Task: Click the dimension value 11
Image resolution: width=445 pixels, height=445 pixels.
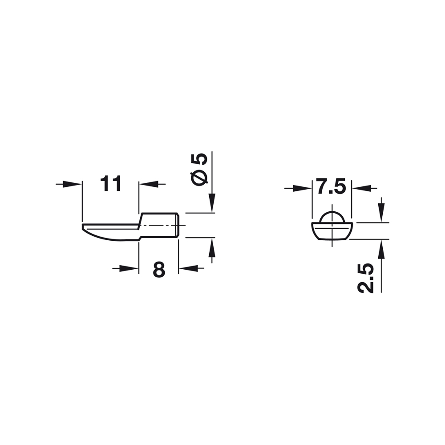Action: coord(111,183)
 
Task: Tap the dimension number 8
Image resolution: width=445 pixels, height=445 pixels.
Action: coord(159,269)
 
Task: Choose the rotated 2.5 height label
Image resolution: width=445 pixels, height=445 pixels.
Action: coord(366,278)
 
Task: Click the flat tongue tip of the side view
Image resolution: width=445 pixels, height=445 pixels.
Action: coord(89,228)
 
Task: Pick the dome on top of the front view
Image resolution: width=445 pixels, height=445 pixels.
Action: coord(332,216)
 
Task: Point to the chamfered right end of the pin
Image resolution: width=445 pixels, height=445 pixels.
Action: coord(178,225)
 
